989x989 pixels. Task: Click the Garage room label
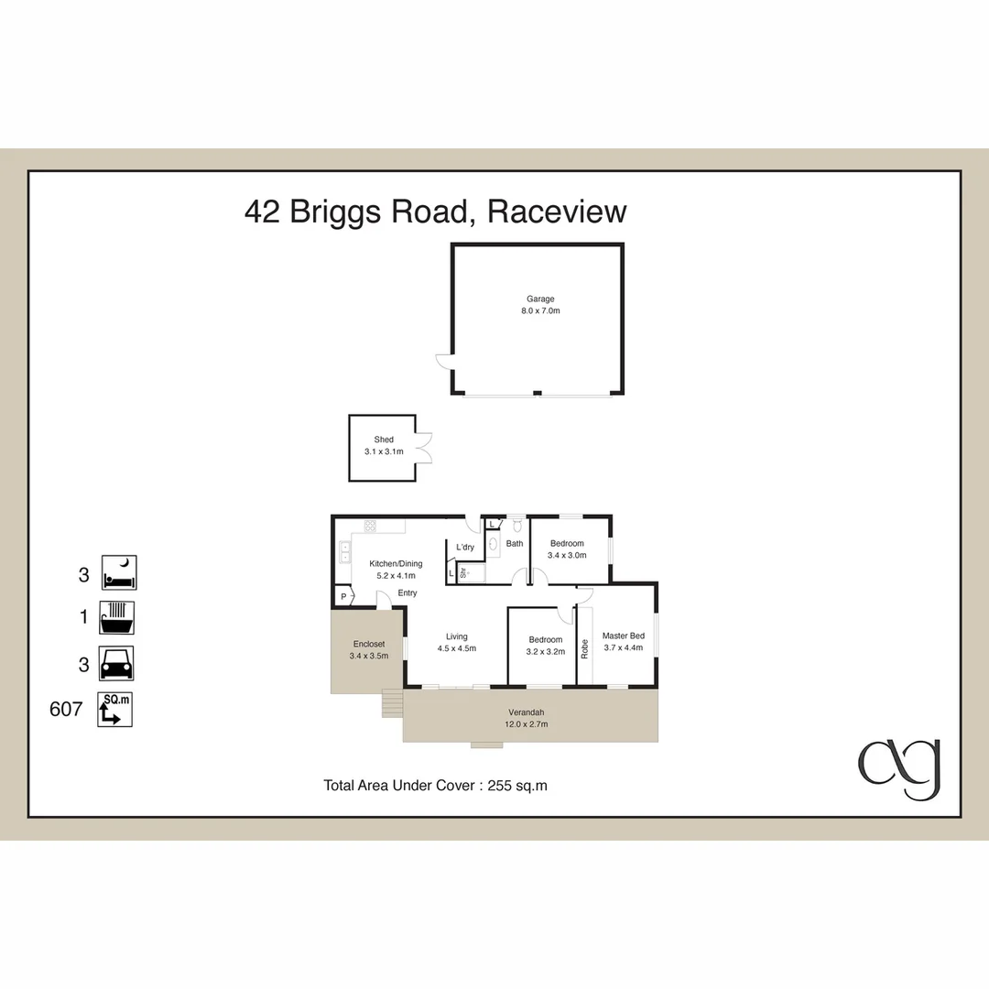pos(540,299)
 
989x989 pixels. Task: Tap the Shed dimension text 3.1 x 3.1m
pos(384,451)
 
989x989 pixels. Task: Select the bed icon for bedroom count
pos(119,572)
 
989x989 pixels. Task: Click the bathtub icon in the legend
pos(116,617)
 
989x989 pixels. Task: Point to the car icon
pos(116,664)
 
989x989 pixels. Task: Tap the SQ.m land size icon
pos(114,709)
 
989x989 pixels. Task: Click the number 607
pos(66,709)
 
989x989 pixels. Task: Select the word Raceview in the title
pos(557,212)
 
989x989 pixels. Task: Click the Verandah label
pos(526,712)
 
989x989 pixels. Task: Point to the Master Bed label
pos(624,636)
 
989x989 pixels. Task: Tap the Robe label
pos(584,649)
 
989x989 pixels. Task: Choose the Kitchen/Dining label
pos(396,564)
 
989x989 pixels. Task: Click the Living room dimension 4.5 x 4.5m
pos(457,648)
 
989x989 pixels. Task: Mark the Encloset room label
pos(369,644)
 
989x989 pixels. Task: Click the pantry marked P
pos(343,596)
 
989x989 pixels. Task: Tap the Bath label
pos(515,543)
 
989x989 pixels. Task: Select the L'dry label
pos(465,547)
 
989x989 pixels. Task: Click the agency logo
pos(899,769)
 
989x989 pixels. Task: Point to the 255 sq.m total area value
pos(517,786)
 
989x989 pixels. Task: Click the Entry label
pos(408,592)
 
